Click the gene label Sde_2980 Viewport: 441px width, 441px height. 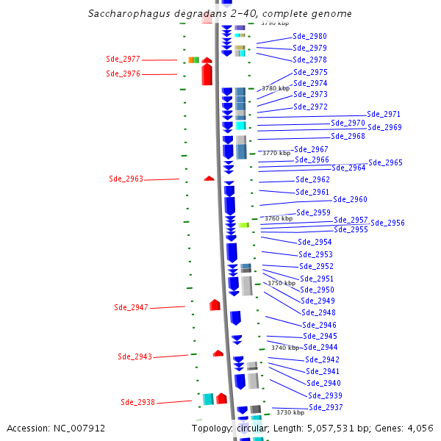pyautogui.click(x=309, y=36)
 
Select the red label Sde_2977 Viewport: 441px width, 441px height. pyautogui.click(x=123, y=59)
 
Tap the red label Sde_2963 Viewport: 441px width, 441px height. pyautogui.click(x=126, y=179)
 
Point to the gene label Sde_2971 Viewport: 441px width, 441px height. pyautogui.click(x=384, y=114)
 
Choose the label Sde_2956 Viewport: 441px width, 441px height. pyautogui.click(x=387, y=223)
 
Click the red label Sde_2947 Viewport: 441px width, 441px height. pyautogui.click(x=131, y=307)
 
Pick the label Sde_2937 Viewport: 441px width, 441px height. pyautogui.click(x=326, y=407)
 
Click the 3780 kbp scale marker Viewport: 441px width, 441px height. pyautogui.click(x=276, y=88)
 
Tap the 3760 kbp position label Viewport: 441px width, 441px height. pyautogui.click(x=279, y=218)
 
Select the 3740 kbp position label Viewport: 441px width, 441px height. pyautogui.click(x=285, y=348)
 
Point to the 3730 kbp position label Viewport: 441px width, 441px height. pyautogui.click(x=290, y=412)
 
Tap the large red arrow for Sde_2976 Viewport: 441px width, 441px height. pyautogui.click(x=207, y=72)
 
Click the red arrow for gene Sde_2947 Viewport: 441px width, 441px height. pyautogui.click(x=215, y=304)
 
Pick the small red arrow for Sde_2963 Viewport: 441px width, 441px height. pyautogui.click(x=209, y=178)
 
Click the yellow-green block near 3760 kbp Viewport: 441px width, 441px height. pyautogui.click(x=243, y=225)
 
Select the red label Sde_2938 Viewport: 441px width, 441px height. pyautogui.click(x=137, y=402)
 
